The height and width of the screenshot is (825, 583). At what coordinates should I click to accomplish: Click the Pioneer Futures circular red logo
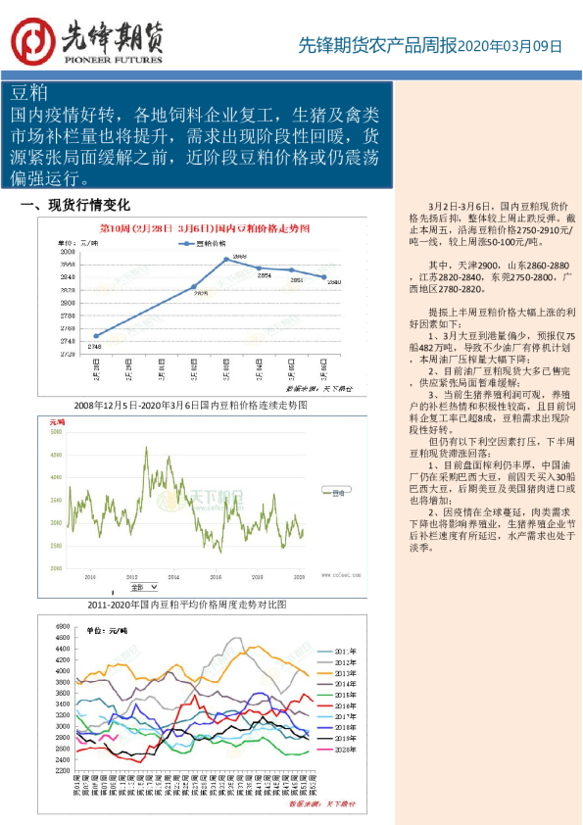pyautogui.click(x=32, y=40)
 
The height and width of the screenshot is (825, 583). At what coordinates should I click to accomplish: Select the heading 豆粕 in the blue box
pyautogui.click(x=29, y=93)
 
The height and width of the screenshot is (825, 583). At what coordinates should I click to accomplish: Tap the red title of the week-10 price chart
pyautogui.click(x=205, y=227)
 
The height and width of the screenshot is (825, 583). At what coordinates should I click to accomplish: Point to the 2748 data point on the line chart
pyautogui.click(x=95, y=336)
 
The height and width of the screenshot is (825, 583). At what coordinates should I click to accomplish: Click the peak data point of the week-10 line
pyautogui.click(x=226, y=259)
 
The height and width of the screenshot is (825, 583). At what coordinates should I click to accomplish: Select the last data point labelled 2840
pyautogui.click(x=325, y=277)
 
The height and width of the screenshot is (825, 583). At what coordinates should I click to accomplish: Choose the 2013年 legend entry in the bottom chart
pyautogui.click(x=344, y=674)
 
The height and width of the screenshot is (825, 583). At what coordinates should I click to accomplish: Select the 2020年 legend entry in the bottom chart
pyautogui.click(x=344, y=750)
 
